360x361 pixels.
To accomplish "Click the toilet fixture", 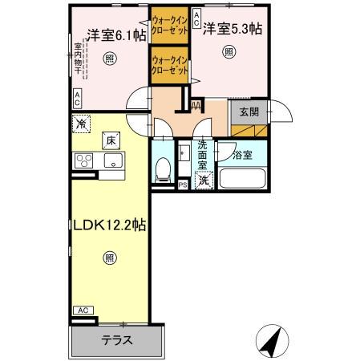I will pyautogui.click(x=164, y=168).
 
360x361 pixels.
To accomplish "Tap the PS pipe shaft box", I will pyautogui.click(x=183, y=185).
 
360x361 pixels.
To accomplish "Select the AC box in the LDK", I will pyautogui.click(x=81, y=310).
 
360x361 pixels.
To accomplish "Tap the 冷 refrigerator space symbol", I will pyautogui.click(x=81, y=124).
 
